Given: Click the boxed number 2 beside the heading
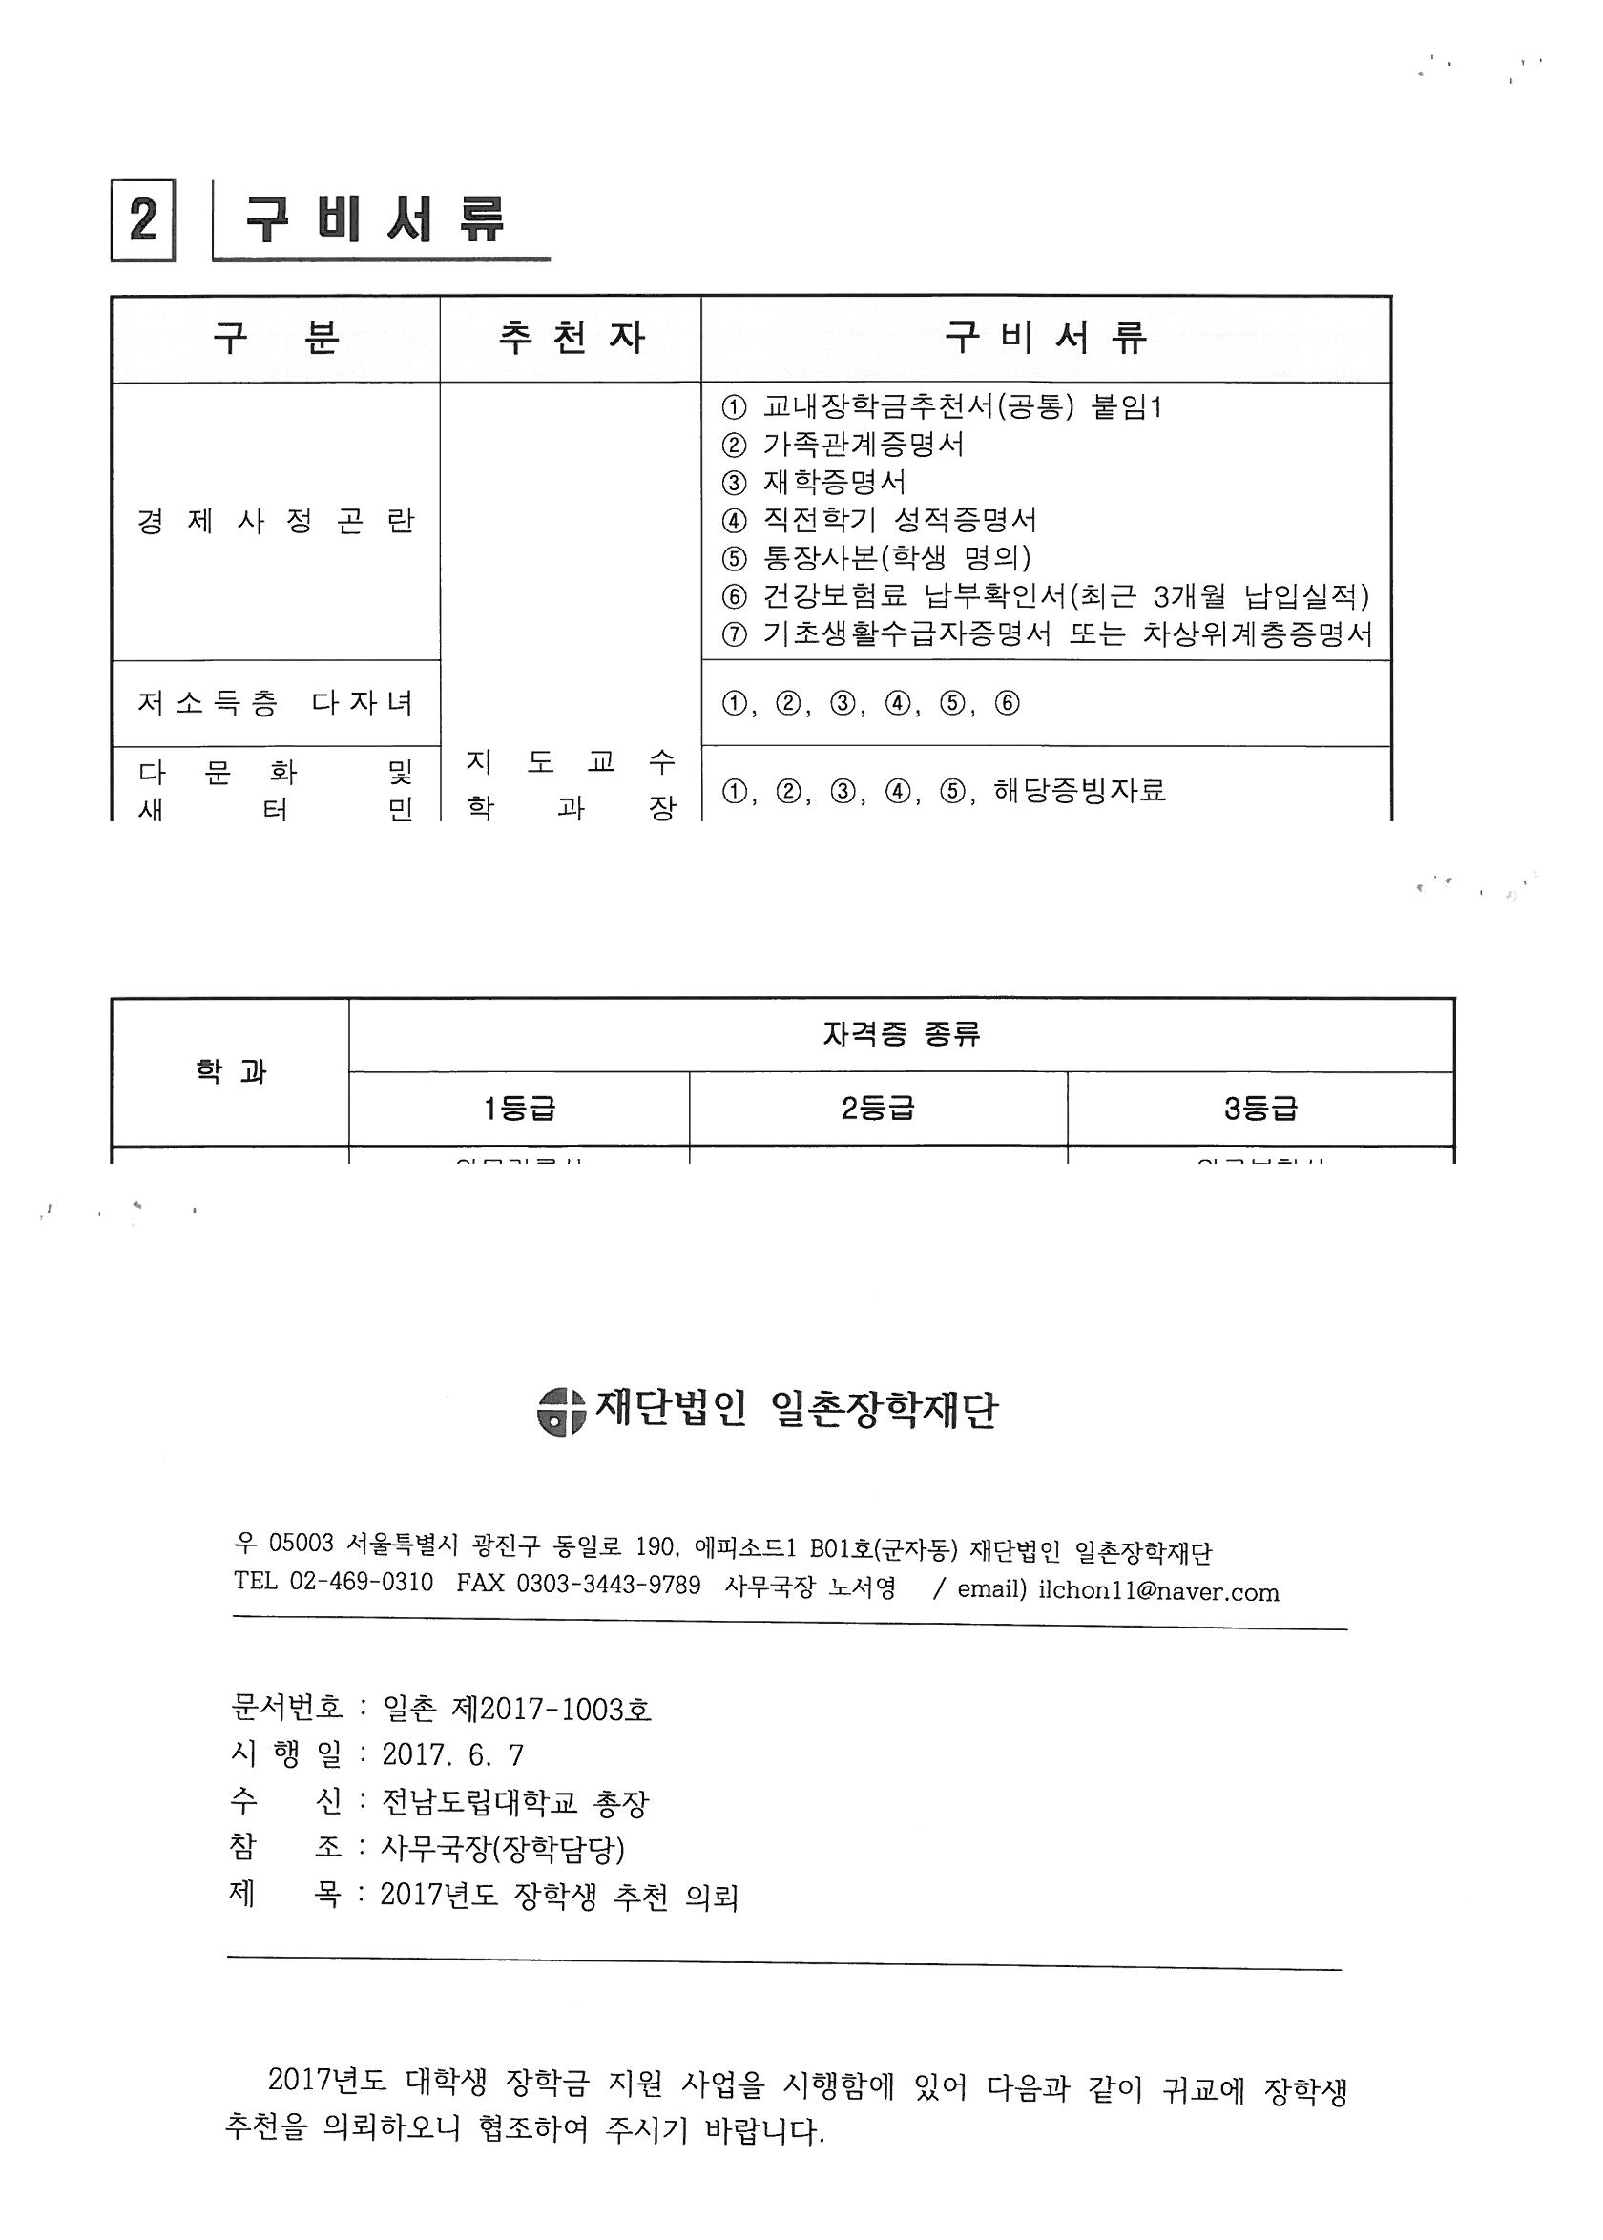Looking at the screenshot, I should coord(143,220).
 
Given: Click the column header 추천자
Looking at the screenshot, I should coord(571,339).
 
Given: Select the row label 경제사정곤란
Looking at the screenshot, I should coord(276,521).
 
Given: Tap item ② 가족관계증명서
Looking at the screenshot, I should coord(843,444).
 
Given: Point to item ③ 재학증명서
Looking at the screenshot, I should coord(814,483).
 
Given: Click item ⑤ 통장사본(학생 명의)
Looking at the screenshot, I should coord(877,558).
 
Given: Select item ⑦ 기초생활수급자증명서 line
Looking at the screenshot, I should coord(1048,633).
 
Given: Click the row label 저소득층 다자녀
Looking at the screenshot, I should coord(276,703).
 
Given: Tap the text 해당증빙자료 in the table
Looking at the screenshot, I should coord(1080,791).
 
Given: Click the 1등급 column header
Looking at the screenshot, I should coord(519,1110).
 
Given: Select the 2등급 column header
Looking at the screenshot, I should coord(878,1110).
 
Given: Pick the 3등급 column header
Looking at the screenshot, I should coord(1260,1110).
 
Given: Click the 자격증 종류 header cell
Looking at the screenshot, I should coord(900,1034).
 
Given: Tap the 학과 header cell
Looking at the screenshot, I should coord(230,1071).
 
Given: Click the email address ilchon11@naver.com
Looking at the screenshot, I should coord(1158,1591).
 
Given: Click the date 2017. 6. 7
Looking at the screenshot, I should coord(453,1754).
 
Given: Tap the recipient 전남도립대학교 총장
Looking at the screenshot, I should coord(514,1803).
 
